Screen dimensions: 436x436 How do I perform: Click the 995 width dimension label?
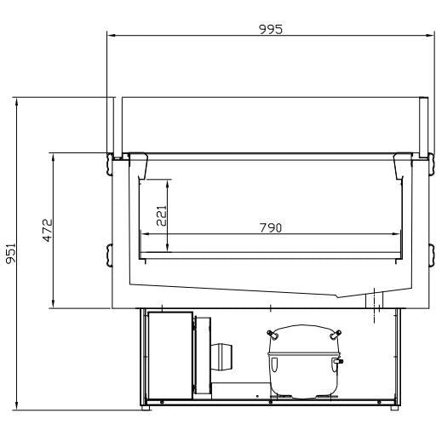tap(271, 29)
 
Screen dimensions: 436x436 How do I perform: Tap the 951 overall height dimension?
tap(11, 253)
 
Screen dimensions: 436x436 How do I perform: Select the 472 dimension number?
tap(48, 230)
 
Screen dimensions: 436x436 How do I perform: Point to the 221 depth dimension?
tap(162, 215)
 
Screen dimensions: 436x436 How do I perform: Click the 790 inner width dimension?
tap(271, 227)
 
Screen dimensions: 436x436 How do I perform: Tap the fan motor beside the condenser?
tap(221, 357)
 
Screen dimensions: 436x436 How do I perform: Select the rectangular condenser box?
tap(170, 355)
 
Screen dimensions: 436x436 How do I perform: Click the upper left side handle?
tap(110, 164)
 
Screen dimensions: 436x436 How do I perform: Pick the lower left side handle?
tap(110, 255)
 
